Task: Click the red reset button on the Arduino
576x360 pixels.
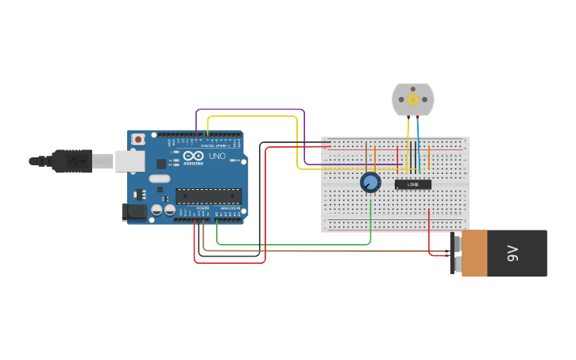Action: [138, 139]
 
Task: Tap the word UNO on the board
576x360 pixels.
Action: [217, 156]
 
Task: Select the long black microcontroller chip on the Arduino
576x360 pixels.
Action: [208, 195]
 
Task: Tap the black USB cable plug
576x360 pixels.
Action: [72, 161]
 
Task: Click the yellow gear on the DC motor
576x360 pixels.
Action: [413, 99]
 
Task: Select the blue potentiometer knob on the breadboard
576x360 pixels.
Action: [370, 182]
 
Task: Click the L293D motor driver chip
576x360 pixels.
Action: [413, 184]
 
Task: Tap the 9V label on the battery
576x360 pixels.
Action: [512, 254]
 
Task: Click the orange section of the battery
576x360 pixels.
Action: [474, 254]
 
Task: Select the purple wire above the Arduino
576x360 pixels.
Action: [250, 110]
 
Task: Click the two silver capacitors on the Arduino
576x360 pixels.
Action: [164, 210]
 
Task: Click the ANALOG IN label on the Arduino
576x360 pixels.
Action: [230, 208]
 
